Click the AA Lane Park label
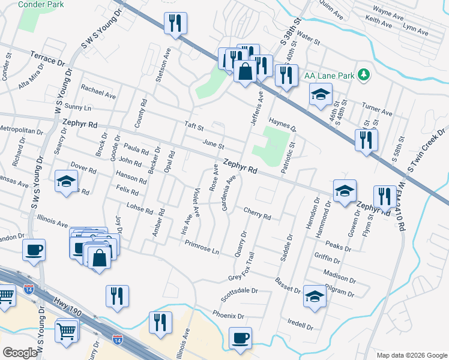[x=329, y=76]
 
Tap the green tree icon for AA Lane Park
[x=363, y=75]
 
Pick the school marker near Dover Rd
[x=66, y=181]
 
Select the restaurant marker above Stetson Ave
[x=175, y=23]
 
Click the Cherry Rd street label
[x=258, y=213]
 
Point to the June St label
[x=213, y=145]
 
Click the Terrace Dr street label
[x=46, y=58]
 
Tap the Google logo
[x=20, y=353]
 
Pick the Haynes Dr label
[x=283, y=124]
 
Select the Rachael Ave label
[x=98, y=91]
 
